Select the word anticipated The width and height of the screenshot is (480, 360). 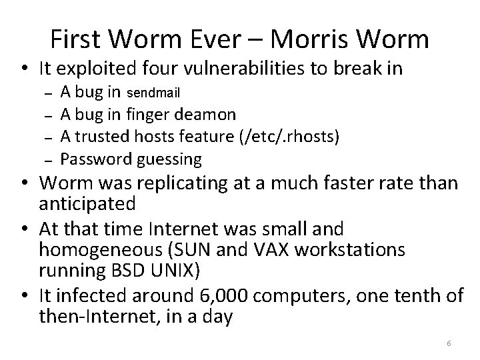[97, 203]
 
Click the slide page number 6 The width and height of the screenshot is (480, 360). [449, 343]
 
